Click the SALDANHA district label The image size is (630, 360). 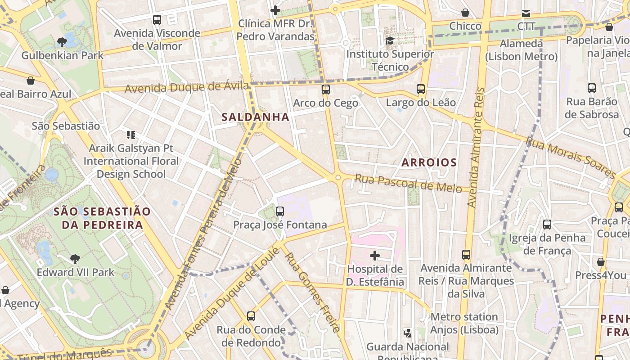(x=255, y=117)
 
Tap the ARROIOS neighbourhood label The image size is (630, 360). (x=429, y=162)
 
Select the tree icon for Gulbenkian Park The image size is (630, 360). (x=62, y=42)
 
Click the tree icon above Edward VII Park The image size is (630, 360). (x=75, y=259)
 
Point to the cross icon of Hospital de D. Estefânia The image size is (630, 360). (x=374, y=256)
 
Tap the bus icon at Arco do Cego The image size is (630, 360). (x=326, y=90)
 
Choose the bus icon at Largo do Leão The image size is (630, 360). (x=421, y=89)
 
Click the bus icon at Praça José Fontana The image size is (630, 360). (x=280, y=211)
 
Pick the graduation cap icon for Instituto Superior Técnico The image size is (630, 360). (x=390, y=40)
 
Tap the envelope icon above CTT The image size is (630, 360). (x=526, y=13)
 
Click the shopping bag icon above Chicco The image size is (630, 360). (x=465, y=13)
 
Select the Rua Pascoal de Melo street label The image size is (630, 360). (x=409, y=183)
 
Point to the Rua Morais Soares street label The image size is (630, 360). (x=570, y=157)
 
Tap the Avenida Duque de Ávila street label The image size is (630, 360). (x=186, y=86)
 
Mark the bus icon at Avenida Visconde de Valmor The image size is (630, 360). (x=157, y=20)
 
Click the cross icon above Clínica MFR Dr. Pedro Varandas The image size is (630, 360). (x=275, y=10)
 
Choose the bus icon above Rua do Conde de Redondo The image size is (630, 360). (x=251, y=316)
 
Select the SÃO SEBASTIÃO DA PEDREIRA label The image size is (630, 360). (x=102, y=218)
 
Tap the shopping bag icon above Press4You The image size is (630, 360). (x=600, y=262)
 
